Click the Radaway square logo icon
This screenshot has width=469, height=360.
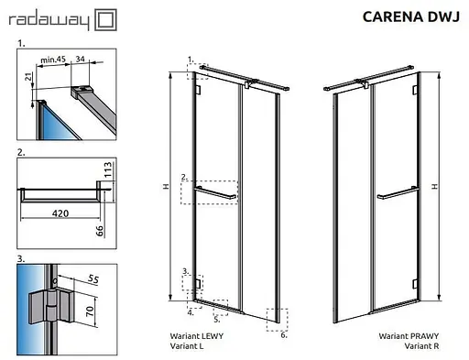point(105,20)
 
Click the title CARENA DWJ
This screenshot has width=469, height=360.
point(411,16)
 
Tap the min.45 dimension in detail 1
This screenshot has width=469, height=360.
point(53,60)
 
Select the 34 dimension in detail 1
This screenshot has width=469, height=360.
point(80,59)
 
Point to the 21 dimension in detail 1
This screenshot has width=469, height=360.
point(28,77)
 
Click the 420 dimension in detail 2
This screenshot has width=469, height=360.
point(60,213)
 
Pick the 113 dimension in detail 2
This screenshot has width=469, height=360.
point(108,169)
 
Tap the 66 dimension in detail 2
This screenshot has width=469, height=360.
point(100,231)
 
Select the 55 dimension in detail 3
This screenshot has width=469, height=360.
point(93,278)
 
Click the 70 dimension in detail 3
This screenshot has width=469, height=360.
point(90,311)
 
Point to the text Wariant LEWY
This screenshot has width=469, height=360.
point(197,336)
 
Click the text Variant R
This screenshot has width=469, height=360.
point(421,346)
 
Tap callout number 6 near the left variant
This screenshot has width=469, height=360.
point(284,335)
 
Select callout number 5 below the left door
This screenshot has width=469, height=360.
point(216,320)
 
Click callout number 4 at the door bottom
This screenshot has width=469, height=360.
point(191,312)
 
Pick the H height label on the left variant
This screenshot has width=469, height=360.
point(166,186)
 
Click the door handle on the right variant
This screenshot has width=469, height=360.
point(398,193)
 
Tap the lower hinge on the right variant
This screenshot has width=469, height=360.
point(415,284)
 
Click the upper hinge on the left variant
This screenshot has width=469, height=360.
point(198,90)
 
